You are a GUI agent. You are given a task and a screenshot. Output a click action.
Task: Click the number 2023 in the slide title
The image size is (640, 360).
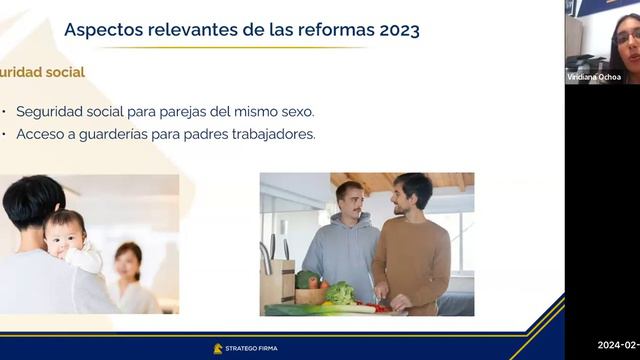tap(399, 29)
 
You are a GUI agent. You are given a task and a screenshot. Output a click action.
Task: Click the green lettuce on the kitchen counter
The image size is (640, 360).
tap(340, 293)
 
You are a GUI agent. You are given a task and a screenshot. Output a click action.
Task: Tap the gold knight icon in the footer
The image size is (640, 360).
tap(218, 348)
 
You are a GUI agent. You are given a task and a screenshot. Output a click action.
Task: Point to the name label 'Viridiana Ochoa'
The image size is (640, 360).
tap(594, 77)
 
